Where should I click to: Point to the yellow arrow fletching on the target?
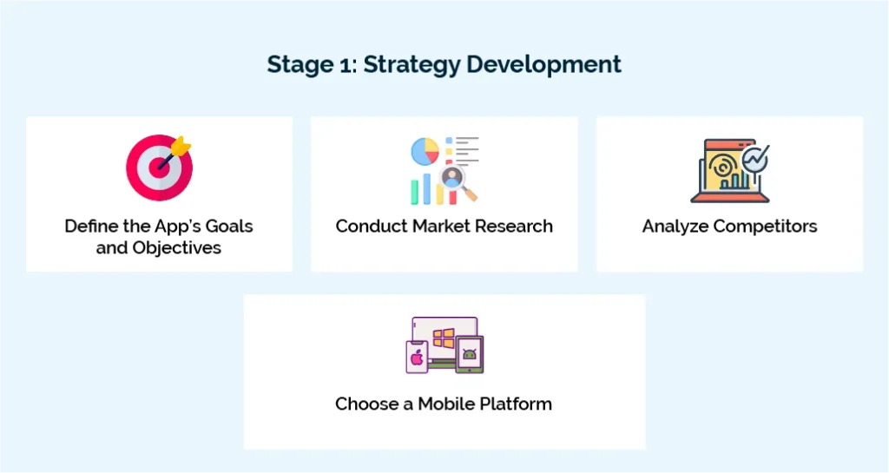pos(183,144)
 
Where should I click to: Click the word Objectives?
pos(176,248)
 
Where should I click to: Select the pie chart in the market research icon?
pos(425,152)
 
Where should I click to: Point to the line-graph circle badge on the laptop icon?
pos(754,159)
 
